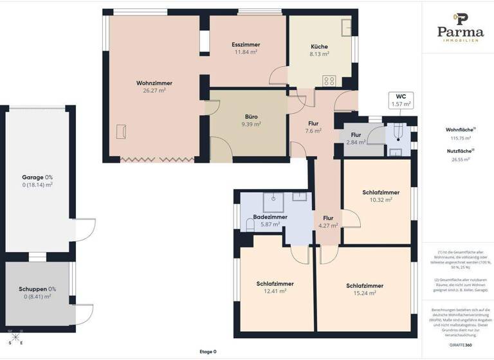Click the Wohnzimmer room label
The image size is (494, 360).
pyautogui.click(x=154, y=83)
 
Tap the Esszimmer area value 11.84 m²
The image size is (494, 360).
pyautogui.click(x=245, y=52)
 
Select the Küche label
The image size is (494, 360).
pyautogui.click(x=319, y=47)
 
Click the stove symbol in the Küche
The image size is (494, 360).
pyautogui.click(x=329, y=81)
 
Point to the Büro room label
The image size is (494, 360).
pyautogui.click(x=251, y=117)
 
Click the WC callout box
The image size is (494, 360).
pyautogui.click(x=401, y=100)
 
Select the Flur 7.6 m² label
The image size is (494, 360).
pyautogui.click(x=313, y=123)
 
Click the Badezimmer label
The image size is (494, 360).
pyautogui.click(x=270, y=217)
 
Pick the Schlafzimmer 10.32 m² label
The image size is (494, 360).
pyautogui.click(x=381, y=192)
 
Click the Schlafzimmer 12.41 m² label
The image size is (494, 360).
pyautogui.click(x=275, y=283)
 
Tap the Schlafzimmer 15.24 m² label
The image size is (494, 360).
pyautogui.click(x=365, y=286)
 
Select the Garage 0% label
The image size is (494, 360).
pyautogui.click(x=37, y=177)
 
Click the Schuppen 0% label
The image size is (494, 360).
pyautogui.click(x=36, y=289)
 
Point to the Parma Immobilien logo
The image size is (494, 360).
pyautogui.click(x=460, y=28)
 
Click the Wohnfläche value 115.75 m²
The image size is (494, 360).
pyautogui.click(x=460, y=138)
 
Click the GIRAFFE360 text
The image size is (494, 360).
pyautogui.click(x=460, y=345)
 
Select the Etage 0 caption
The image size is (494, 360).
pyautogui.click(x=208, y=352)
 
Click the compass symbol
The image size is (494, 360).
pyautogui.click(x=15, y=337)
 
